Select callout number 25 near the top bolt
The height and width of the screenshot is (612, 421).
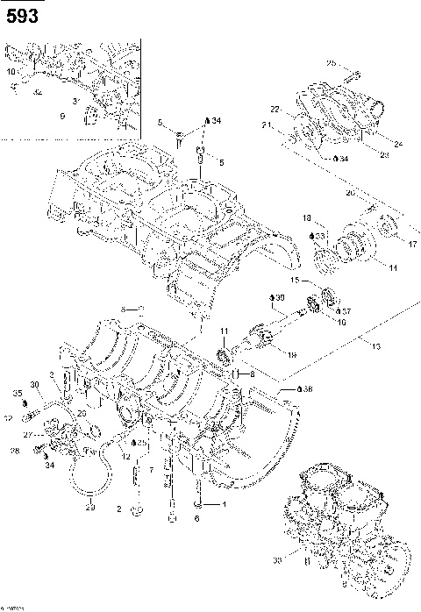[332, 63]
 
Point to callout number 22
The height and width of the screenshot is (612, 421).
[275, 110]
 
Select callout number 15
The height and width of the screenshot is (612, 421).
[295, 281]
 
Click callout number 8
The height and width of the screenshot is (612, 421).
[251, 374]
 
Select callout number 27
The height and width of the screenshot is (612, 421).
[27, 434]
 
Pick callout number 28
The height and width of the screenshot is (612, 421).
[14, 451]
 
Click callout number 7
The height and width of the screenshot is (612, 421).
[152, 470]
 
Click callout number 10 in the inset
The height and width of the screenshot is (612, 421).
[11, 70]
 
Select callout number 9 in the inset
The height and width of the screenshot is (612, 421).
[62, 115]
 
